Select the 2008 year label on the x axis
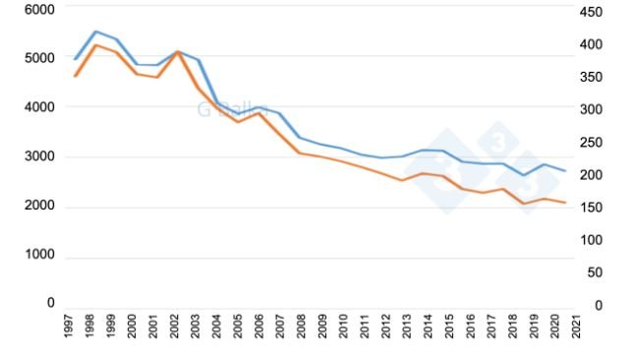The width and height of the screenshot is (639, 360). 302,328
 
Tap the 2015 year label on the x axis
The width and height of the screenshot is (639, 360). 449,328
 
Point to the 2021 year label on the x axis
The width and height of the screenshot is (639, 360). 575,328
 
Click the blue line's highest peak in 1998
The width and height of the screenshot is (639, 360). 95,31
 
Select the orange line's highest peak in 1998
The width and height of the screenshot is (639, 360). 95,45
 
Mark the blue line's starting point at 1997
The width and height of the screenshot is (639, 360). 75,59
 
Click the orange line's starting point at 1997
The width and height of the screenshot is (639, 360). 75,76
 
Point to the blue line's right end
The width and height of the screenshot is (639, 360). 565,171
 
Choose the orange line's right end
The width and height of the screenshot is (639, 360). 565,203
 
